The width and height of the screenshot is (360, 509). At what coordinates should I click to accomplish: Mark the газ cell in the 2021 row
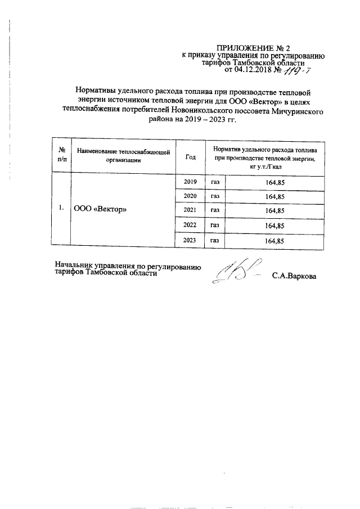pos(215,211)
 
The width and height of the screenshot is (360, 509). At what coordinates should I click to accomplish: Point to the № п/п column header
pos(61,155)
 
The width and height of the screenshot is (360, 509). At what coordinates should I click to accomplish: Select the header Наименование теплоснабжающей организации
pos(124,155)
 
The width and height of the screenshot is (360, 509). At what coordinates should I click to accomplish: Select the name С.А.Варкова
pos(294,276)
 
